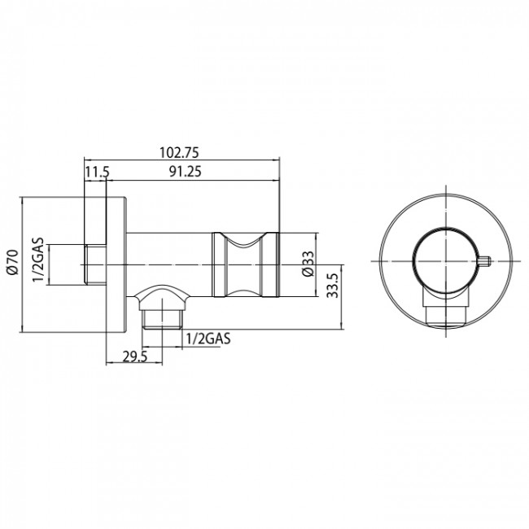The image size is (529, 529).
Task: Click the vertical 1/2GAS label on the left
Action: pos(37,261)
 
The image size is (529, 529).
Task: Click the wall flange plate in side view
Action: pos(117,263)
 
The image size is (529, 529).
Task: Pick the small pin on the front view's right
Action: pos(485,262)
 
